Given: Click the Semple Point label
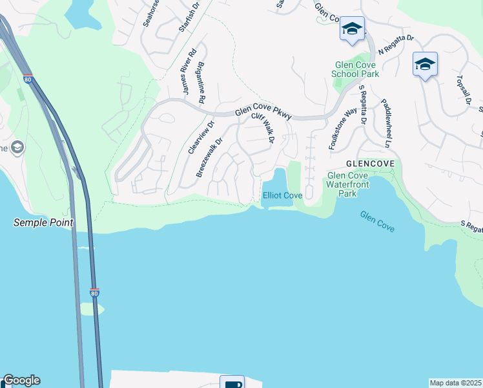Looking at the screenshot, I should click(x=43, y=222).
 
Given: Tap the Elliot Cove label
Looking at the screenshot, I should click(x=282, y=195).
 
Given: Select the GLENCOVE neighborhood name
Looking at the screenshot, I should click(x=370, y=164).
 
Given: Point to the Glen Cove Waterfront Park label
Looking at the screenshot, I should click(x=351, y=184).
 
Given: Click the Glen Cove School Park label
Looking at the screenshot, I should click(x=355, y=69).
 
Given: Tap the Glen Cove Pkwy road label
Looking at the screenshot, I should click(x=263, y=113).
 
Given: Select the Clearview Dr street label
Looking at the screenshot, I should click(x=200, y=136).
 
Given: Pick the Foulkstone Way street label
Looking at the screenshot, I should click(x=342, y=129).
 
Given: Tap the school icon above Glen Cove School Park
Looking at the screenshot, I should click(x=352, y=29).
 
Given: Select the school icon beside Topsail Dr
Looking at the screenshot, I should click(x=425, y=65).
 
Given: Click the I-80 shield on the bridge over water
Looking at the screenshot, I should click(x=94, y=292).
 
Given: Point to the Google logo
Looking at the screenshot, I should click(x=21, y=380).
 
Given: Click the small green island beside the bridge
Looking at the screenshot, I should click(x=91, y=308).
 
